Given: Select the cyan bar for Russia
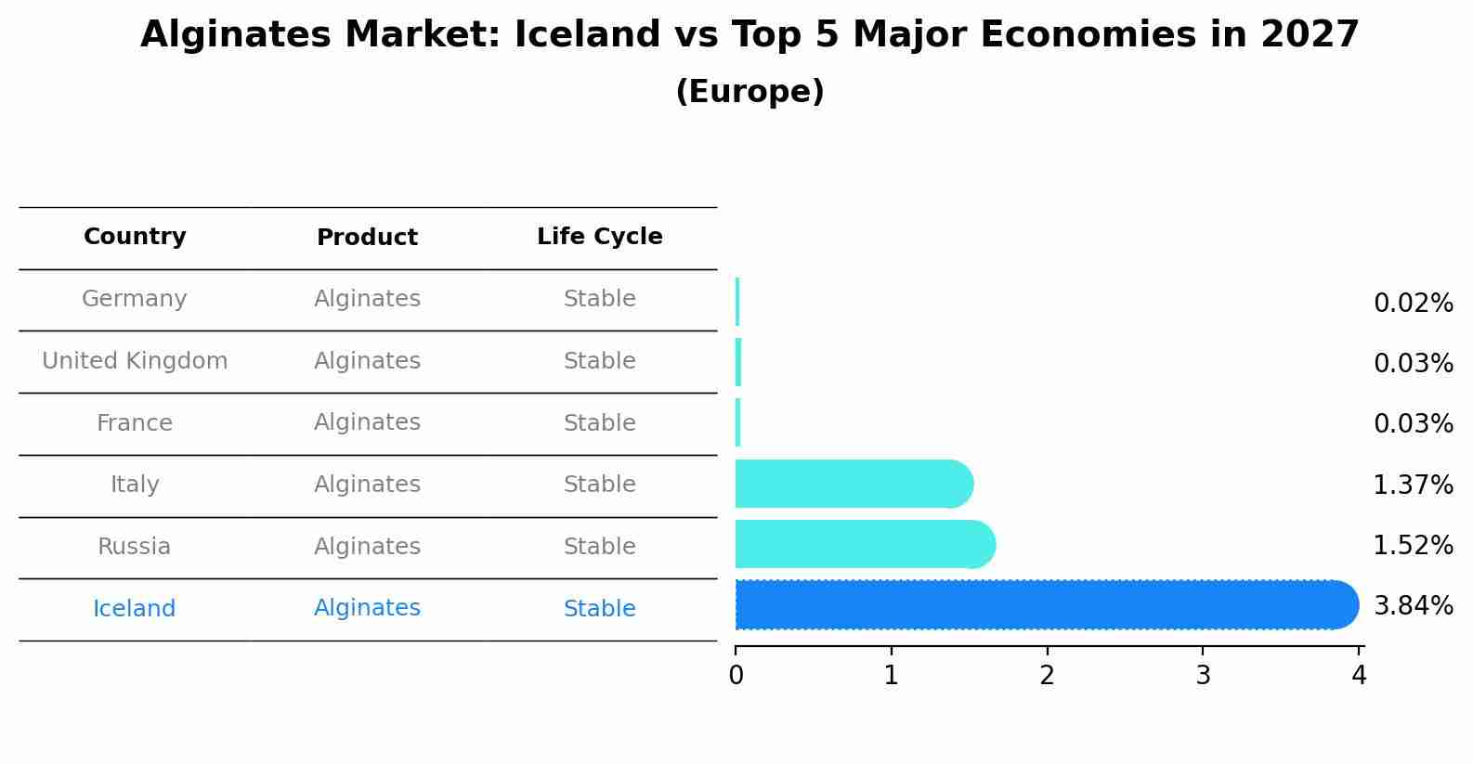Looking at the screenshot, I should tap(864, 545).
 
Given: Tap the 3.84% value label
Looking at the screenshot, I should tap(1413, 606).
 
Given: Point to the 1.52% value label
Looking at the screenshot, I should tap(1413, 546).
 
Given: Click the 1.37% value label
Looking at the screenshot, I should tap(1413, 485).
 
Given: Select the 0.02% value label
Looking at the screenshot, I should tap(1413, 304).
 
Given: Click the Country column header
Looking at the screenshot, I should tap(135, 237).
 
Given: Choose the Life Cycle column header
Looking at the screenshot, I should tap(599, 237).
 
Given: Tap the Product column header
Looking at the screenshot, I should tap(367, 238).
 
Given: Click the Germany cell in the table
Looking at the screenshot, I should tap(135, 299).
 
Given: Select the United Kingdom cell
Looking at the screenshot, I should tap(135, 361).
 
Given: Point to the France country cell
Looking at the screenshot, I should tap(135, 423).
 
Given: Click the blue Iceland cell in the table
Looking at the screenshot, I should tap(135, 609).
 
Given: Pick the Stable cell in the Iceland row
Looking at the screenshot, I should tap(599, 609).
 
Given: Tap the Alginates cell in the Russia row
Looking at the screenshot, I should tap(367, 547).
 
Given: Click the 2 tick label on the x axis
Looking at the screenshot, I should tap(1048, 676).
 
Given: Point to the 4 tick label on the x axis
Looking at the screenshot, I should tap(1359, 676).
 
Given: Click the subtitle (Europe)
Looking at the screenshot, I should tap(750, 92).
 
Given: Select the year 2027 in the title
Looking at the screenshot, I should tap(1310, 35).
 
